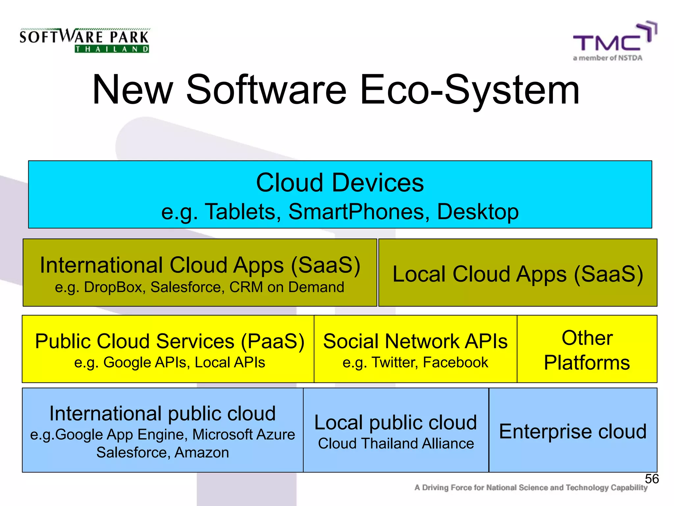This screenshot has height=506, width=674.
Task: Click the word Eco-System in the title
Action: point(469,90)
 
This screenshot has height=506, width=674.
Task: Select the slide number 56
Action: point(652,479)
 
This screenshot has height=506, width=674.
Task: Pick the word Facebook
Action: point(455,362)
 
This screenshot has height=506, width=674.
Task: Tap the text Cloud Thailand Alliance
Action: point(396,443)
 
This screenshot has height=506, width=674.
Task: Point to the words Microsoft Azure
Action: point(244,435)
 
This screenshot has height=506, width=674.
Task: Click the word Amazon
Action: point(202,453)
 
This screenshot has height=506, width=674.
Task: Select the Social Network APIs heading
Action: point(415,341)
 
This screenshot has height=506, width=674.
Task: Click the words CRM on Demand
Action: point(287,287)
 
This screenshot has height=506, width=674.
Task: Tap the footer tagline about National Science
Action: point(531,488)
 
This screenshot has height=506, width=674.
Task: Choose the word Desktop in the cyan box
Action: point(478,211)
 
